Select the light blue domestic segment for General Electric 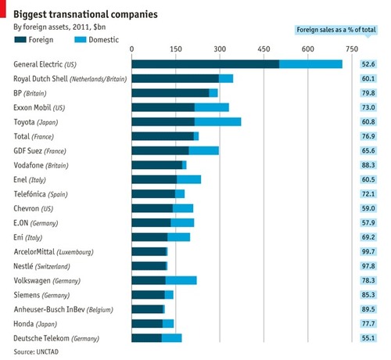point(310,64)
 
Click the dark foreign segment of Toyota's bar point(163,122)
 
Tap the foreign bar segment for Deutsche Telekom point(146,338)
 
